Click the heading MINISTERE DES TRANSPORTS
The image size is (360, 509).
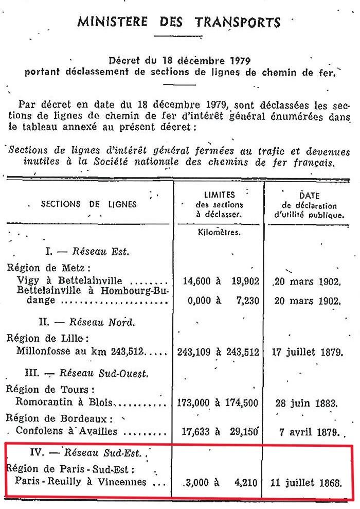[x=179, y=22]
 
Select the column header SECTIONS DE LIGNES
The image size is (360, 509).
[x=89, y=204]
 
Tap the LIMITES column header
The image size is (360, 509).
[x=220, y=195]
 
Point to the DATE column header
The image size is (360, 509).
[x=309, y=196]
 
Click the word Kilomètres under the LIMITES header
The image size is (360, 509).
[x=220, y=232]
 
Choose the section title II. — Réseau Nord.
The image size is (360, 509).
[x=87, y=323]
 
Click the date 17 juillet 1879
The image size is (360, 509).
[x=306, y=353]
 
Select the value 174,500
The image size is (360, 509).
[x=242, y=402]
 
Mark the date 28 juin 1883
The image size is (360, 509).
[x=307, y=402]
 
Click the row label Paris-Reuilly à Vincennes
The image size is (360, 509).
[x=81, y=483]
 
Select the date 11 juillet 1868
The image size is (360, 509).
[x=305, y=483]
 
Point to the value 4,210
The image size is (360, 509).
[x=247, y=483]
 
